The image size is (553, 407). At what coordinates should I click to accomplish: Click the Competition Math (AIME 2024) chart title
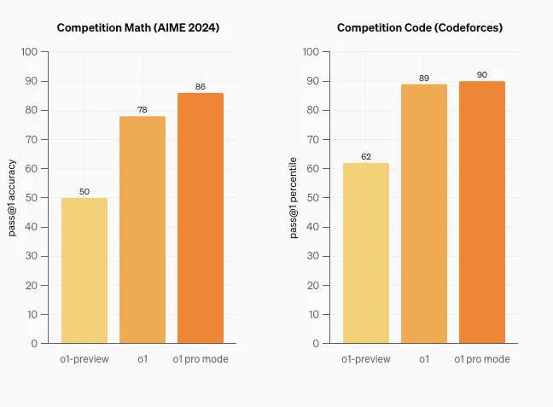(138, 27)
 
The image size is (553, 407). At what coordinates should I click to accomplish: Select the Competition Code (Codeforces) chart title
(420, 27)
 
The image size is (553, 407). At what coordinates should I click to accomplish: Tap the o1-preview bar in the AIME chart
(84, 270)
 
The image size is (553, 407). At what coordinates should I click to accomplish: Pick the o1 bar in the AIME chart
(143, 230)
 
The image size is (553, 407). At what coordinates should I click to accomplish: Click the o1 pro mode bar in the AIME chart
(201, 218)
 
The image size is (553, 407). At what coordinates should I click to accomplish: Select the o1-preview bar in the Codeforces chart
(366, 253)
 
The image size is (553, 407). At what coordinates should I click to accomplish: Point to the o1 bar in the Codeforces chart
(424, 213)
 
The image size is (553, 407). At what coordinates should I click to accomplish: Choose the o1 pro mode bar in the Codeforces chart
(482, 212)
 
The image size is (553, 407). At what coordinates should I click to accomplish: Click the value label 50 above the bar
(84, 192)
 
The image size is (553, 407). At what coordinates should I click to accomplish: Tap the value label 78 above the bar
(143, 110)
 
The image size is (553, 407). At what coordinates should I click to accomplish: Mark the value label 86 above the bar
(201, 87)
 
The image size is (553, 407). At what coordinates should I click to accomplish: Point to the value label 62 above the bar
(366, 157)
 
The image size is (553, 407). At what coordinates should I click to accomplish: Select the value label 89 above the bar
(424, 78)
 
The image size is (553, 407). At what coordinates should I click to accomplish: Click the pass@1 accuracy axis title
(13, 198)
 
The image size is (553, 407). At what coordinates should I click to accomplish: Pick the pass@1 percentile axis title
(294, 198)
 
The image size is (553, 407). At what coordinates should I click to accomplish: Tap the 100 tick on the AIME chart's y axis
(29, 52)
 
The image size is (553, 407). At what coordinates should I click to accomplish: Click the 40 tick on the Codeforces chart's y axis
(312, 227)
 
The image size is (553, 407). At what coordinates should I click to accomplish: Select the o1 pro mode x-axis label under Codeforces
(482, 359)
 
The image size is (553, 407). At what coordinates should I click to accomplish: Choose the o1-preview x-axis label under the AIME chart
(84, 359)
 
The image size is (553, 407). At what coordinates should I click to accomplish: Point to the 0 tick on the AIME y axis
(34, 343)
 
